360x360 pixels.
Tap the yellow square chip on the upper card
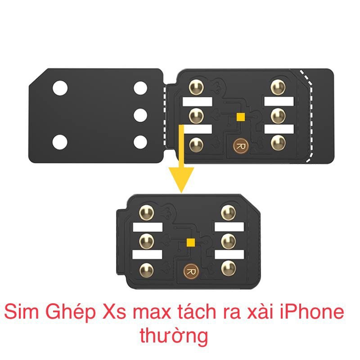[241, 117]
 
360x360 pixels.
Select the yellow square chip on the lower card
[191, 243]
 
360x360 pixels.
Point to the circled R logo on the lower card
[190, 271]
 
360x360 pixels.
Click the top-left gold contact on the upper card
[196, 87]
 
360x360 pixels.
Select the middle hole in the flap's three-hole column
[141, 115]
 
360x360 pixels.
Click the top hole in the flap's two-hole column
[59, 88]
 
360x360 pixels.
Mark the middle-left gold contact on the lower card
[146, 240]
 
